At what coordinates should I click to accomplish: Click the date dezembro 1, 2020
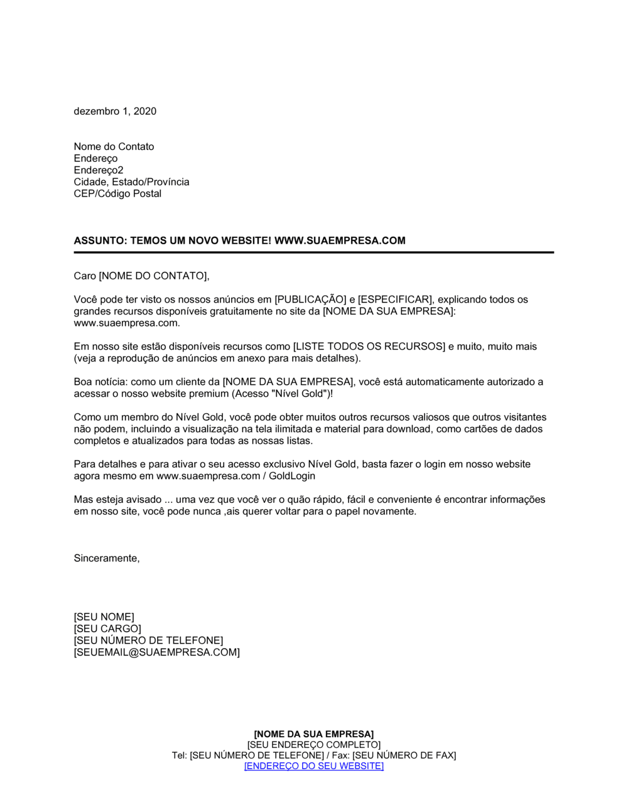(x=115, y=111)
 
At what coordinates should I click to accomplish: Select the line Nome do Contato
(x=114, y=146)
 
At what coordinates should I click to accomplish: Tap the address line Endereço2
(x=99, y=170)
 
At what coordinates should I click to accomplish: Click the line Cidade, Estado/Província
(x=131, y=182)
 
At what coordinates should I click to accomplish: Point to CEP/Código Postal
(x=117, y=193)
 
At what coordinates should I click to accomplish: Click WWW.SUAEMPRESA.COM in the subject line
(x=340, y=240)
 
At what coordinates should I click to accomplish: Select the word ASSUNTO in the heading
(x=99, y=240)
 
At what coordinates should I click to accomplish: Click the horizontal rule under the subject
(x=313, y=252)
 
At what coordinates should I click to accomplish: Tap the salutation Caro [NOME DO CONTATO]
(x=141, y=276)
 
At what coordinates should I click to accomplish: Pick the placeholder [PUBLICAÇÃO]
(x=310, y=300)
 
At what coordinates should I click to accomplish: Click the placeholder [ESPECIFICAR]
(x=395, y=300)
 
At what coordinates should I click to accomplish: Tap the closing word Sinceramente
(x=106, y=558)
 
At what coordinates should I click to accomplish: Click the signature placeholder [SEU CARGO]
(x=107, y=629)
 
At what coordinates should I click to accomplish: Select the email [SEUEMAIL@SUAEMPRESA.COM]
(x=156, y=652)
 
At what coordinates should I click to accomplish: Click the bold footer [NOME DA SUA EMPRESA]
(x=313, y=734)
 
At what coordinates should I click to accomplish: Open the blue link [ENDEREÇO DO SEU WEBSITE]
(x=313, y=766)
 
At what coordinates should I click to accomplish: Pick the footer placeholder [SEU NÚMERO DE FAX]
(x=404, y=755)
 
